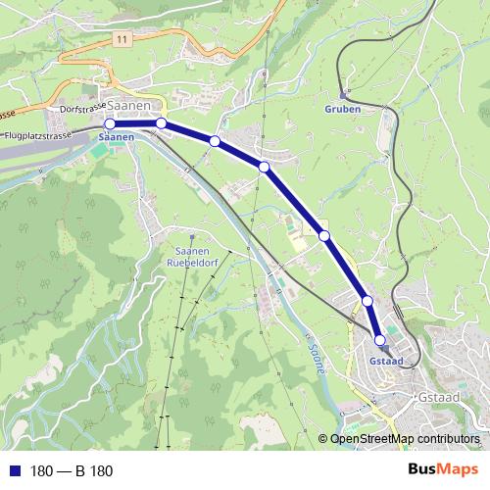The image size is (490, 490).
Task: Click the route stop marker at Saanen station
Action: (110, 124)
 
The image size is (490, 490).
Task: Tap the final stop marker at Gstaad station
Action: (380, 339)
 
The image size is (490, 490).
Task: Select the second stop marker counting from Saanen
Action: (161, 123)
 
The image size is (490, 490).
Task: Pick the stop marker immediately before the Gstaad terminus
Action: (367, 301)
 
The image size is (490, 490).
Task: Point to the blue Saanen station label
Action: (116, 139)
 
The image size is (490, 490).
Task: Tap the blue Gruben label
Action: (342, 110)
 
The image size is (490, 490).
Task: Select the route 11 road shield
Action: (121, 38)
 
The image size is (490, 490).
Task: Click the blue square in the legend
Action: (14, 470)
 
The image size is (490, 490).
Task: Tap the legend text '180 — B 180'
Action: (72, 471)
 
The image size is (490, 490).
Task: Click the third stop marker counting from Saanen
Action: (214, 142)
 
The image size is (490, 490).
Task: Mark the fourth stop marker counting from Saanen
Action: (265, 168)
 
